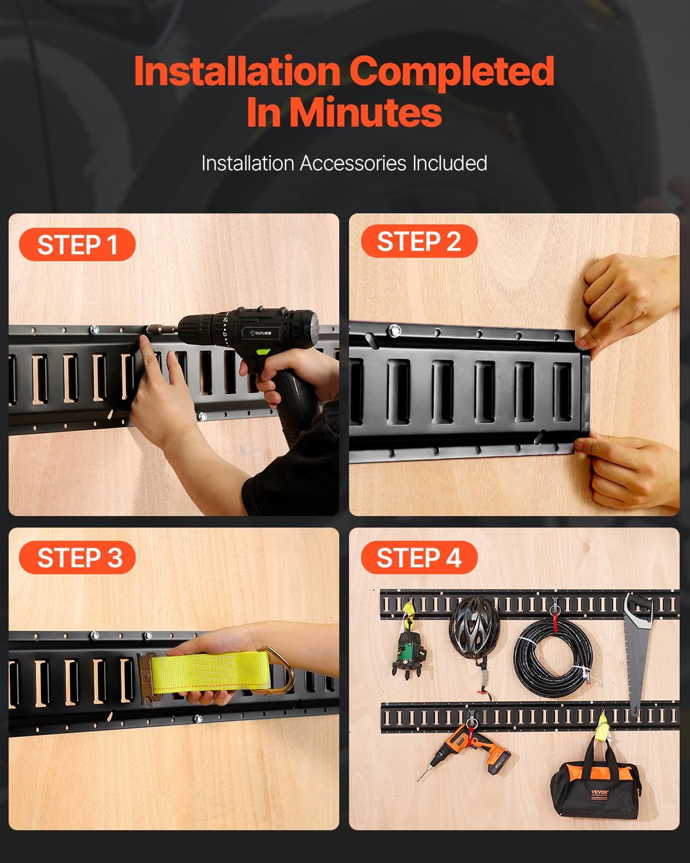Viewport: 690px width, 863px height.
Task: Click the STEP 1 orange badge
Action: tap(77, 245)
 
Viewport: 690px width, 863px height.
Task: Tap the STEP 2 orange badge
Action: tap(419, 242)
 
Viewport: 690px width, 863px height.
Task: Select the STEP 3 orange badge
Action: tap(77, 557)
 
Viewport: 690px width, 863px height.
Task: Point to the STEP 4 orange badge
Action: tap(419, 557)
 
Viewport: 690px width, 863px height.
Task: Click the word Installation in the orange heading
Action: tap(237, 71)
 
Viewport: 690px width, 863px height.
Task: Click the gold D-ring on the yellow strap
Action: tap(283, 670)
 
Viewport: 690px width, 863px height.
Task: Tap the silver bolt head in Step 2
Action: tap(394, 331)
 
